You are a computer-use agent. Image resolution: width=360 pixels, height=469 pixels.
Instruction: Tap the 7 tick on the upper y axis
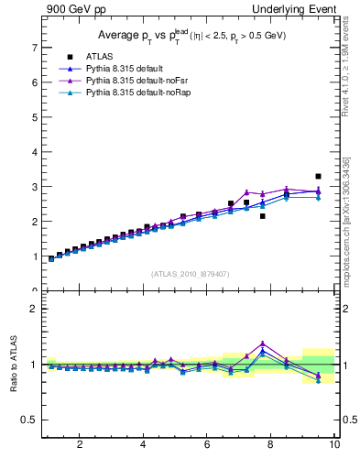34,47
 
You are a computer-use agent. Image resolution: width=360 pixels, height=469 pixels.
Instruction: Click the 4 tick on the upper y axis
34,151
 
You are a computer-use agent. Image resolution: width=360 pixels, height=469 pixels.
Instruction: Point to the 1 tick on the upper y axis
34,256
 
